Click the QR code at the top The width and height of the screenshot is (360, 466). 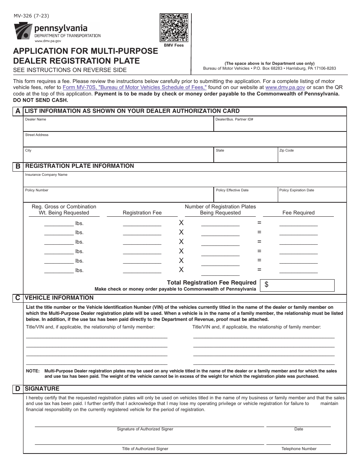pos(174,28)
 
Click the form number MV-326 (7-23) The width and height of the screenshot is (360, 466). pos(31,16)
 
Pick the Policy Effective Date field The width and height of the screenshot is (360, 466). pos(245,196)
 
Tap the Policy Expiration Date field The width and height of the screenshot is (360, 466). pos(312,196)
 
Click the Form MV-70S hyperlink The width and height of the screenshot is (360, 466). pos(135,87)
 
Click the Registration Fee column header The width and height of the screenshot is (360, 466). pos(142,213)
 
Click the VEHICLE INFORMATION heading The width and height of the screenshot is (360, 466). pos(59,298)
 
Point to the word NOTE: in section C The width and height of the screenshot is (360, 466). pos(33,371)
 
